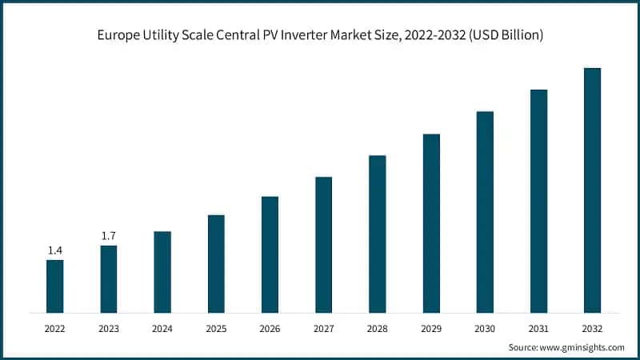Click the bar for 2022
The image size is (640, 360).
pos(54,286)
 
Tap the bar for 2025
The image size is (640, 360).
pos(216,263)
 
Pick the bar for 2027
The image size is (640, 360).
pos(323,244)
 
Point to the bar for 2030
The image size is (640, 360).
pos(485,211)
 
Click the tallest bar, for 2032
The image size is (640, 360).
pos(592,190)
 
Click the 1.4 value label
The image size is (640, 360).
pos(54,250)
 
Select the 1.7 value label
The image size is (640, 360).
pos(109,236)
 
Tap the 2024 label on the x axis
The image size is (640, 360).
pos(162,328)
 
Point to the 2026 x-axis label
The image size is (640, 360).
pos(270,328)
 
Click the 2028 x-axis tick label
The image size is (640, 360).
pos(378,328)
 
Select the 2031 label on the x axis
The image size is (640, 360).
pos(538,328)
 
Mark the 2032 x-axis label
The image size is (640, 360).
pos(592,328)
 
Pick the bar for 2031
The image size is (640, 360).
pos(538,201)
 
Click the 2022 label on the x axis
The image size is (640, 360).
pos(54,328)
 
